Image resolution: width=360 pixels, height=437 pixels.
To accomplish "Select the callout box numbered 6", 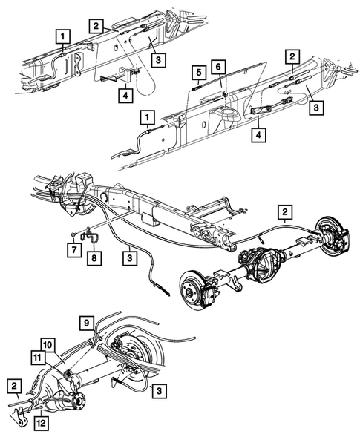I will click(218, 67).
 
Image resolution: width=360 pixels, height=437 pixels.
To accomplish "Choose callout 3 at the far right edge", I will click(317, 108).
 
